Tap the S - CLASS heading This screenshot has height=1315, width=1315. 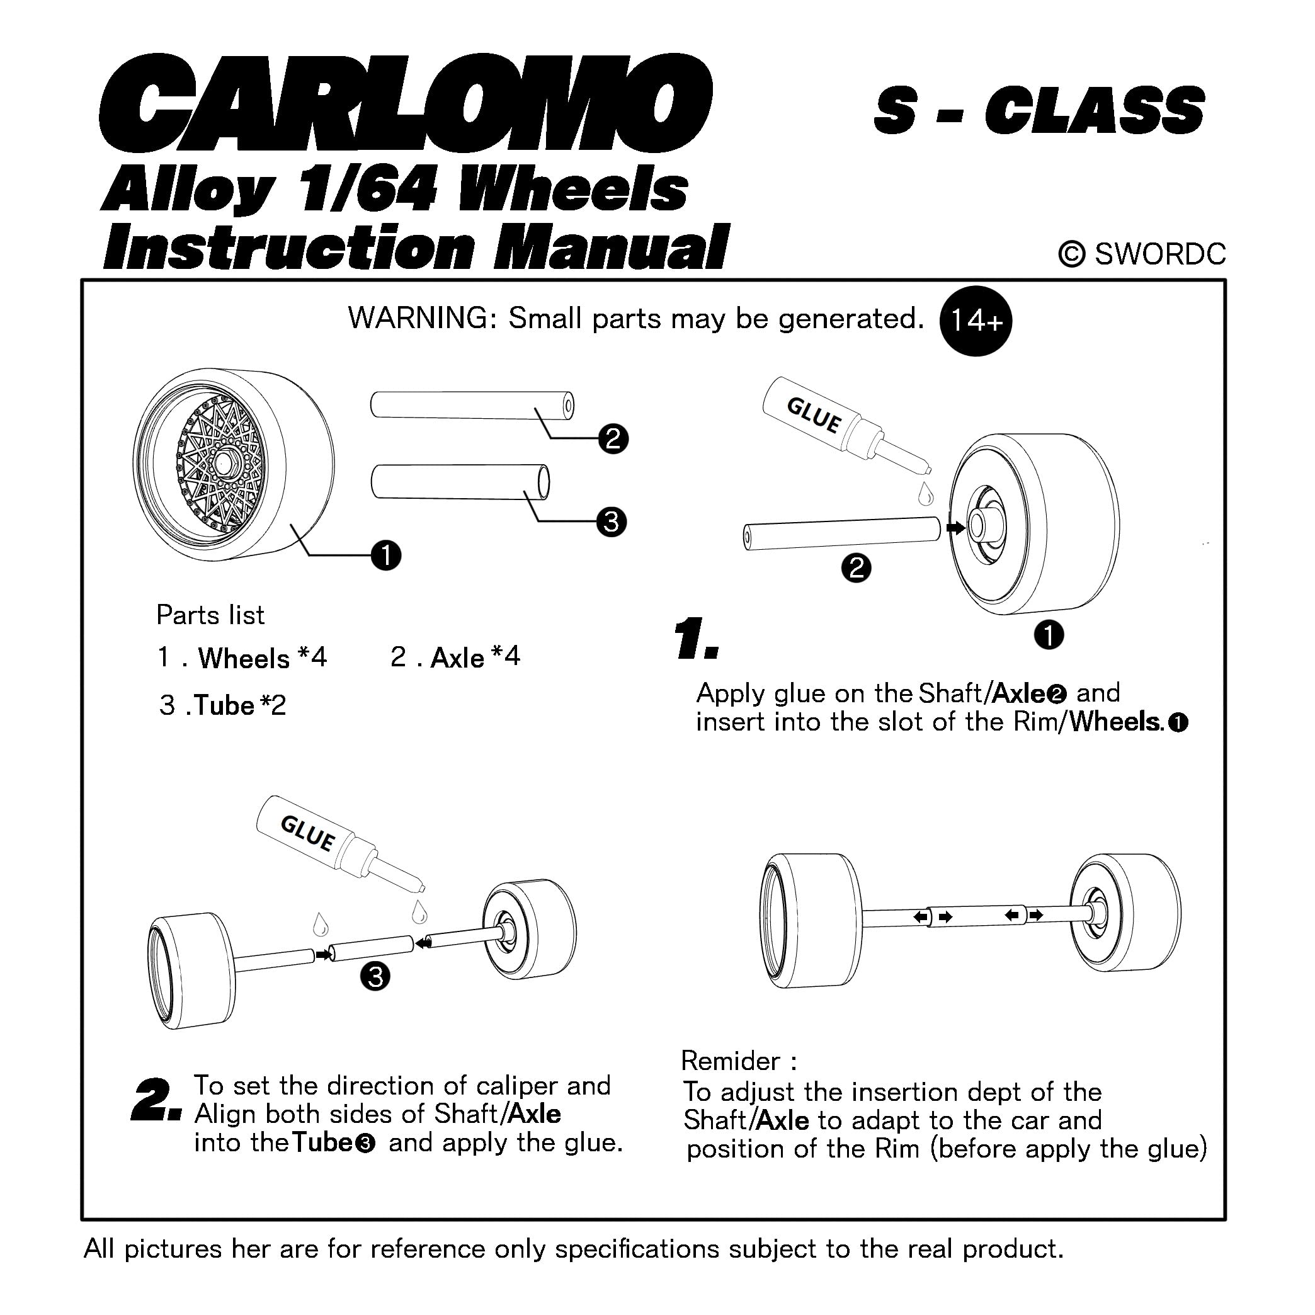click(1038, 111)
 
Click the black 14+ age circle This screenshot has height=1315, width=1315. click(975, 321)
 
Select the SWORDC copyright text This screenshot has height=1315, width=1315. click(1141, 254)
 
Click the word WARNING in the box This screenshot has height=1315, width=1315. click(422, 319)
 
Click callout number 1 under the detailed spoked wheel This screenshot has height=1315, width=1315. click(386, 555)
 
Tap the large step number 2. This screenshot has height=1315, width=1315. click(155, 1101)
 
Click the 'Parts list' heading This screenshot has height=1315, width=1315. click(210, 615)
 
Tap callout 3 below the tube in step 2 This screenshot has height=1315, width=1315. click(374, 977)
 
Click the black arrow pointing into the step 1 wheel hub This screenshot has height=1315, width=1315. click(955, 528)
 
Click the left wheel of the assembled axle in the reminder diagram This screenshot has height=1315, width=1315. click(810, 919)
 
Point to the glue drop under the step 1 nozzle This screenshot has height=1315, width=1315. click(925, 494)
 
